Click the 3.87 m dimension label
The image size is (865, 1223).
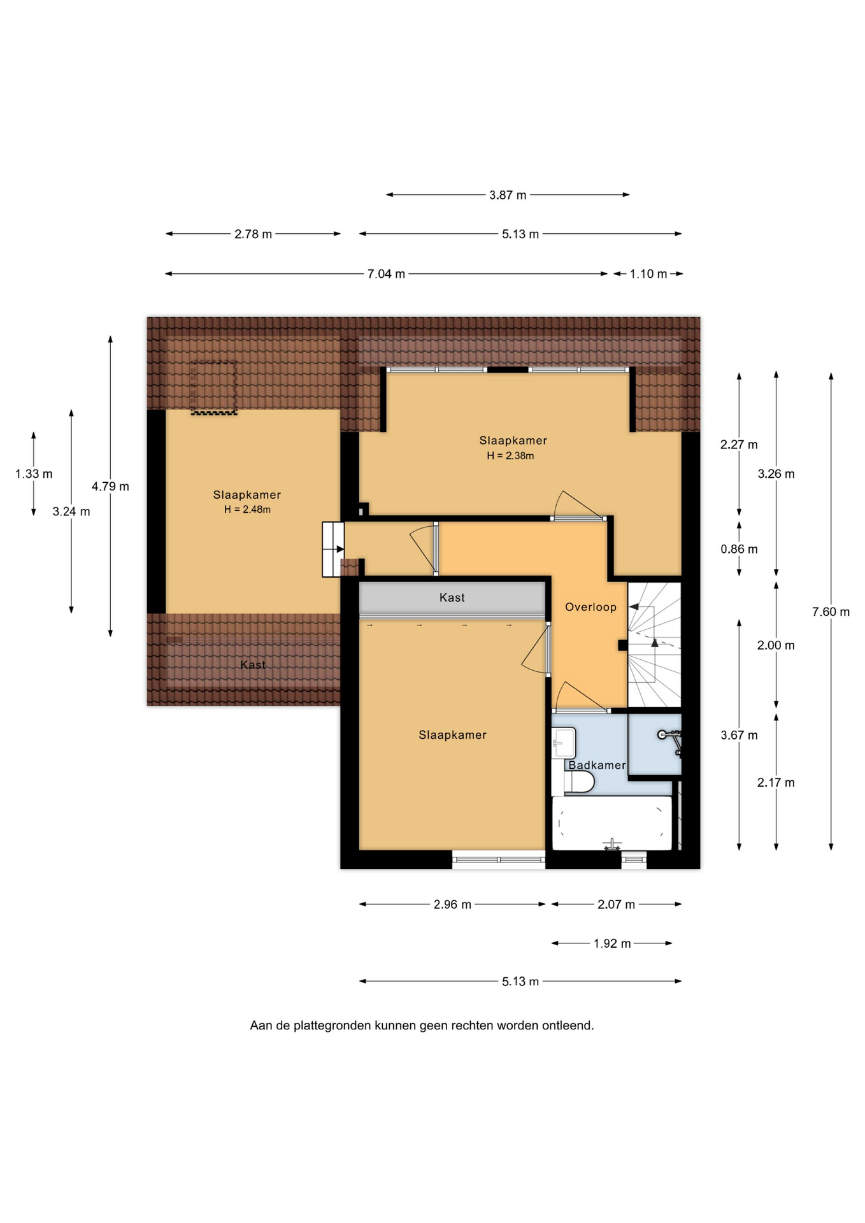pos(508,195)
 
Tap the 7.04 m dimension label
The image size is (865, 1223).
pos(386,274)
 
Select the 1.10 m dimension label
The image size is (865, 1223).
pos(648,274)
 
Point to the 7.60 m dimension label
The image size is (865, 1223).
pos(831,612)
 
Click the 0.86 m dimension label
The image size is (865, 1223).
pos(739,549)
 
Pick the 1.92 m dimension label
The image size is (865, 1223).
pos(612,943)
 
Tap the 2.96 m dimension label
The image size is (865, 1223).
pos(452,905)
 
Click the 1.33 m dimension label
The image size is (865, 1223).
pos(34,474)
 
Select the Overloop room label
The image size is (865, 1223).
pos(590,608)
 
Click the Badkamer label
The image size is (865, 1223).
pos(597,765)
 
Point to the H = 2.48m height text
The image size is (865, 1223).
pos(247,510)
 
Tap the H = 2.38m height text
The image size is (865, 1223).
pos(510,456)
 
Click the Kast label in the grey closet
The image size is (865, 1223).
pos(452,597)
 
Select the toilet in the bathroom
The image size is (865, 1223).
pos(578,782)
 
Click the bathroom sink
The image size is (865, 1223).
pos(564,743)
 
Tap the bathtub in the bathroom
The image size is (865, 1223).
pos(612,823)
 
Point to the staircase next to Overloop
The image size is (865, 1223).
pos(655,645)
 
